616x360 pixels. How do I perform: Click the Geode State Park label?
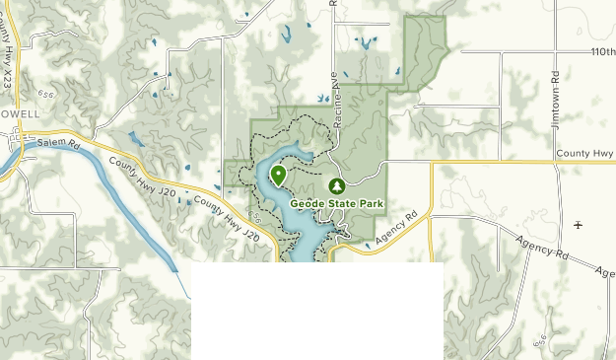(336, 203)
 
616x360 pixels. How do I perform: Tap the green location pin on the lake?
(279, 176)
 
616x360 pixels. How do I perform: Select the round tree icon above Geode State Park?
(336, 185)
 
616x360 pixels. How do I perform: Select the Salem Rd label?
(60, 143)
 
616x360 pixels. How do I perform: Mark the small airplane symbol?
(578, 225)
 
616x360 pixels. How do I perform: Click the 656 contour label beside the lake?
(255, 216)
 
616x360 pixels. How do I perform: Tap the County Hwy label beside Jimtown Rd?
(585, 154)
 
